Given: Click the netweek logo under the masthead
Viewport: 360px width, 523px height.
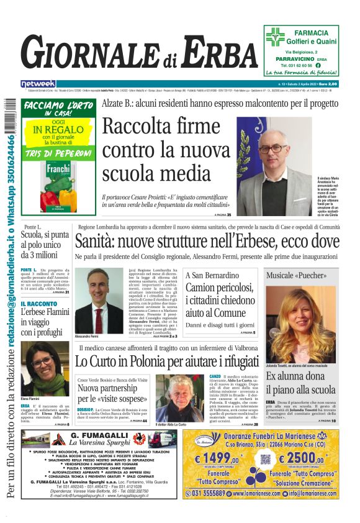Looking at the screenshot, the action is tap(38, 84).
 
